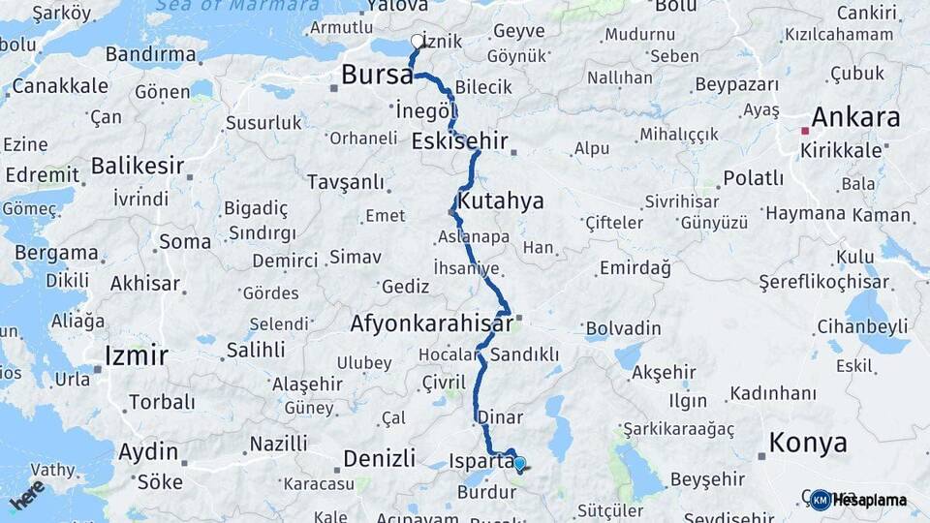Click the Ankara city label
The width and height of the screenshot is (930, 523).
[x=855, y=118]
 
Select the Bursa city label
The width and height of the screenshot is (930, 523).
[x=377, y=76]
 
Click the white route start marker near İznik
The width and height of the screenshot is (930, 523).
[x=418, y=41]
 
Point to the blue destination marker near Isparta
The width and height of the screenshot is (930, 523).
[x=519, y=464]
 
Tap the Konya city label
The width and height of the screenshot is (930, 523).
[x=808, y=444]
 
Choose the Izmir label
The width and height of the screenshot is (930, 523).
[x=136, y=354]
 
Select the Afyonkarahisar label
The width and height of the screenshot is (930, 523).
[x=431, y=323]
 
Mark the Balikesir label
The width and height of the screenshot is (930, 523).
[x=138, y=166]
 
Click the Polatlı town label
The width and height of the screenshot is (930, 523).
[x=753, y=178]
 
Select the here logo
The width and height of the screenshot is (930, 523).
[x=27, y=495]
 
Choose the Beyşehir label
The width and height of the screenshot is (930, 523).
[x=708, y=478]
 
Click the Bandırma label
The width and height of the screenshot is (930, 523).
[x=150, y=54]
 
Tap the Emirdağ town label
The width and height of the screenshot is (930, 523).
[x=635, y=267]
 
